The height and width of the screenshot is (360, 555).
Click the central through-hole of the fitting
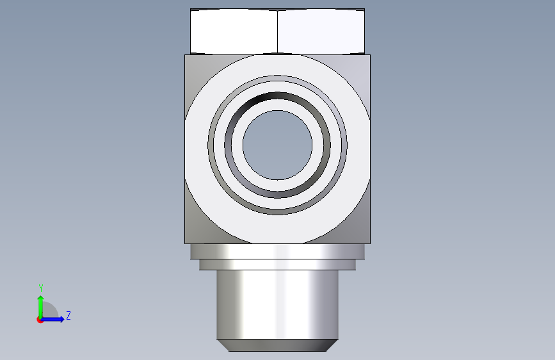278,145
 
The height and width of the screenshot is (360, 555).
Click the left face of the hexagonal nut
234,31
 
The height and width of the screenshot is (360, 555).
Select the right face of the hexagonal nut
321,31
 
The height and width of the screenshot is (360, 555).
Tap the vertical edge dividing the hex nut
278,31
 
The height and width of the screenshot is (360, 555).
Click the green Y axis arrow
41,307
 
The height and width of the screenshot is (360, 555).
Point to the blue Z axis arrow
52,319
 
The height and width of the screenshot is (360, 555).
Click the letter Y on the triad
41,288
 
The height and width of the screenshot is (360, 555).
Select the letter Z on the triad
68,315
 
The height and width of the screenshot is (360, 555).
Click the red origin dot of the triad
40,320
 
